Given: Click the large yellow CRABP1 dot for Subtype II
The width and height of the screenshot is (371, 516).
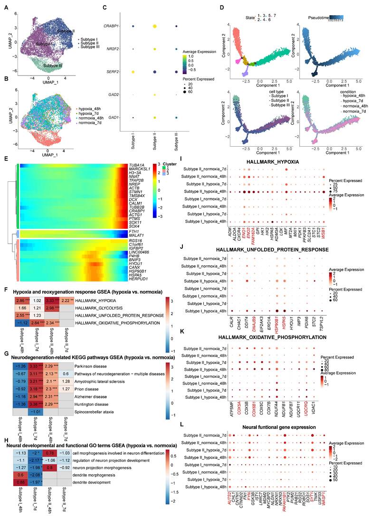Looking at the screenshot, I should click(155, 27).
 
